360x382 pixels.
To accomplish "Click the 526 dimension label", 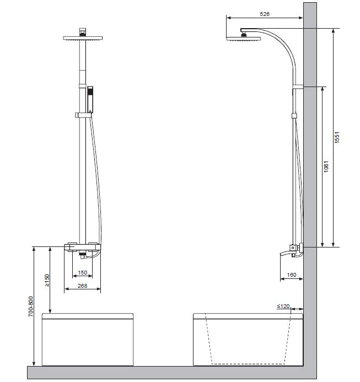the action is click(265, 14).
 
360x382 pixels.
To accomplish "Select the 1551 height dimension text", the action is click(337, 138).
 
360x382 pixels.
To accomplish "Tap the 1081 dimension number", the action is click(326, 166).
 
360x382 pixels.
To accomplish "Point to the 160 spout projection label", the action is click(292, 275).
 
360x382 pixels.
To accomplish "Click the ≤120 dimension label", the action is click(283, 306).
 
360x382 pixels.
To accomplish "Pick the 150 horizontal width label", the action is click(82, 273).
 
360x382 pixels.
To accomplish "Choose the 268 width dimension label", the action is click(82, 286).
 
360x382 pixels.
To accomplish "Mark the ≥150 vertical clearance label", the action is click(47, 281).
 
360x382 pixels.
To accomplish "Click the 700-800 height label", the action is click(31, 306).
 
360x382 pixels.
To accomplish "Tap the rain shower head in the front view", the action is click(83, 38).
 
